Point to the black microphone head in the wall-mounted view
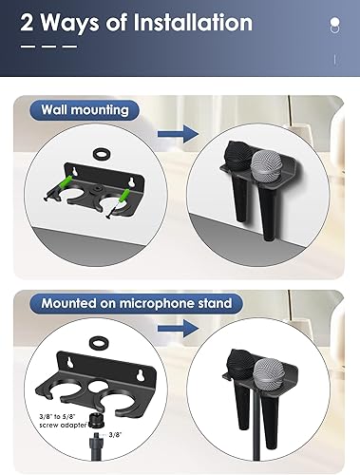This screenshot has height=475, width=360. (x=240, y=156)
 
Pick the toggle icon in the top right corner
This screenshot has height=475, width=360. (x=334, y=25)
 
